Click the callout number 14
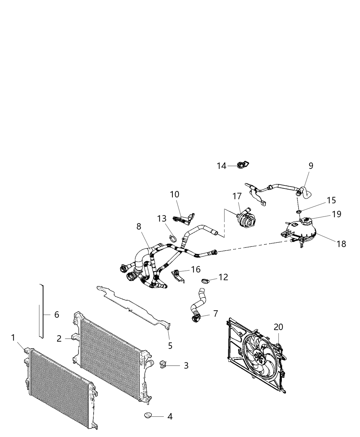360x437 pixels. coord(221,166)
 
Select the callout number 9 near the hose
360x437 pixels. coord(311,166)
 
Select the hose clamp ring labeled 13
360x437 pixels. coord(173,236)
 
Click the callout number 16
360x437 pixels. coord(196,269)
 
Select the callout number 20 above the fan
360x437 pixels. coord(278,327)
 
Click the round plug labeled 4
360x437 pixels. coord(148,416)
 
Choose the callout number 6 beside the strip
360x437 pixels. coord(57,314)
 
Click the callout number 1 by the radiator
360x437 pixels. coord(13,338)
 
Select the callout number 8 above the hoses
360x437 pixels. coord(139,227)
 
